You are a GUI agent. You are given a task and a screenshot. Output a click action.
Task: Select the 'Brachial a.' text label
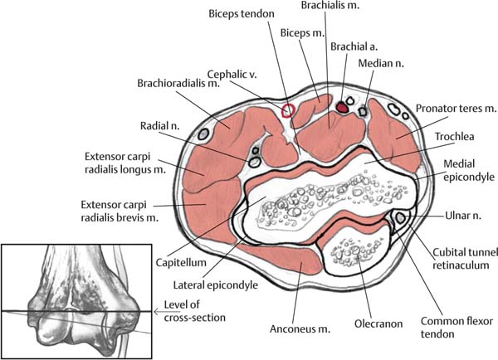point(354,48)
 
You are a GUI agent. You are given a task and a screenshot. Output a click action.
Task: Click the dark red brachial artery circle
point(343,105)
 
